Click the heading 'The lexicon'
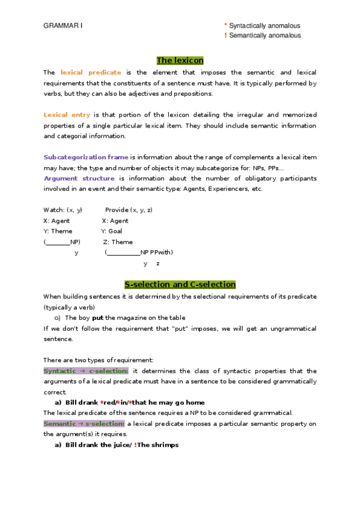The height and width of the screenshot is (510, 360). point(180,60)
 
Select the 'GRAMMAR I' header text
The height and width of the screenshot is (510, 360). point(63,26)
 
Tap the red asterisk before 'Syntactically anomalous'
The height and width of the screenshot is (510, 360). point(225,26)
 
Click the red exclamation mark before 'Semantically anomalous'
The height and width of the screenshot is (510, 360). point(225,35)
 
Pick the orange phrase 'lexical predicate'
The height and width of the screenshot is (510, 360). point(91,72)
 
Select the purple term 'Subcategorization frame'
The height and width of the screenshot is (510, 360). point(86,157)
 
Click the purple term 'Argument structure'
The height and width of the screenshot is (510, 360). point(79,178)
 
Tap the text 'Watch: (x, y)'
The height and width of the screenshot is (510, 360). point(63,210)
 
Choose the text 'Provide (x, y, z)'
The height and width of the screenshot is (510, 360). point(129,210)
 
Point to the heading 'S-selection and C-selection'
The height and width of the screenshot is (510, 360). point(180,284)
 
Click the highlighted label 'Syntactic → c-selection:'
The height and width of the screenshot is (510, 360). point(86,371)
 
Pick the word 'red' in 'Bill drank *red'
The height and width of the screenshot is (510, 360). point(109,402)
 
